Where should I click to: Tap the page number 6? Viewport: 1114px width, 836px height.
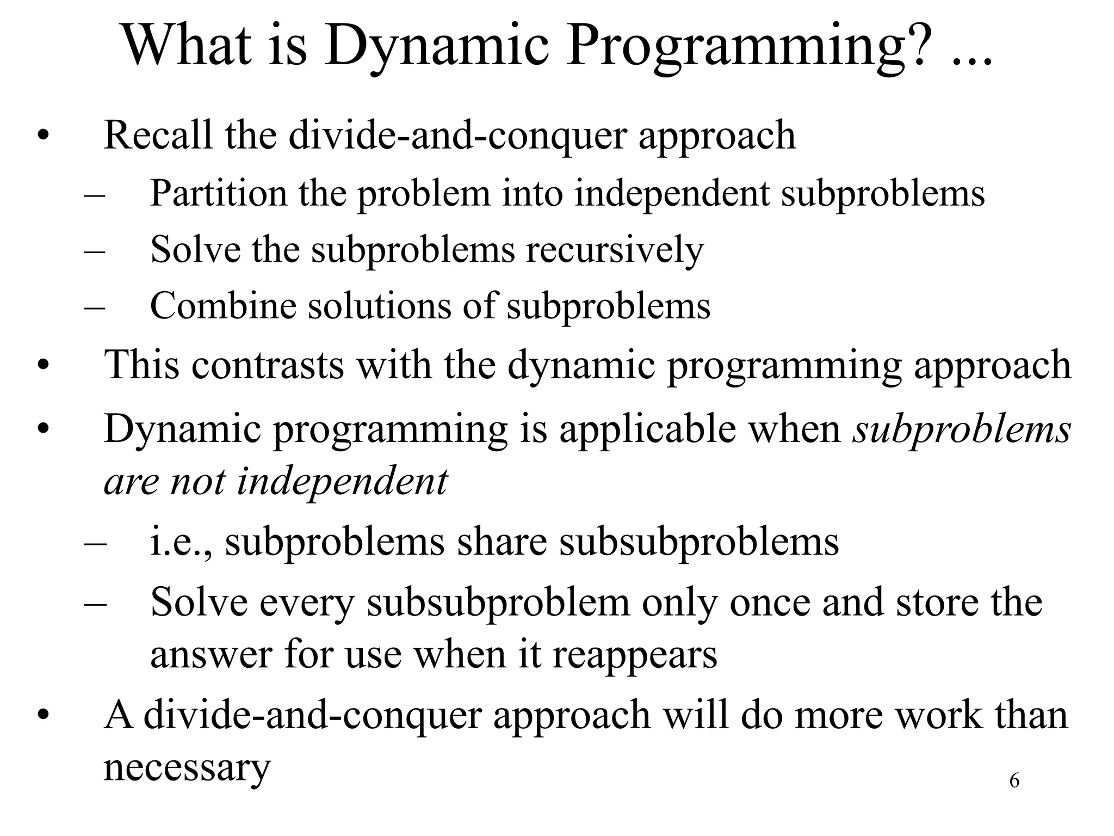coord(1014,781)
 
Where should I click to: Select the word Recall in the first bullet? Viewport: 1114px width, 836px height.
coord(158,135)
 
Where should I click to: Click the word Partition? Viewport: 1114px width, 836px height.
coord(218,193)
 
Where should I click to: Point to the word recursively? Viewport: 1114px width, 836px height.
coord(615,250)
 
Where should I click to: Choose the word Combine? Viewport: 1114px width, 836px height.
coord(223,306)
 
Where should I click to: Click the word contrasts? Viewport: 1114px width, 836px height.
coord(268,365)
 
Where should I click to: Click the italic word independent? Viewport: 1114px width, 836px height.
coord(342,482)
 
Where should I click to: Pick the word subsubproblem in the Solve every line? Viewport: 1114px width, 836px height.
coord(498,603)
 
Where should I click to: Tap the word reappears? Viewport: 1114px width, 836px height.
coord(635,654)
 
